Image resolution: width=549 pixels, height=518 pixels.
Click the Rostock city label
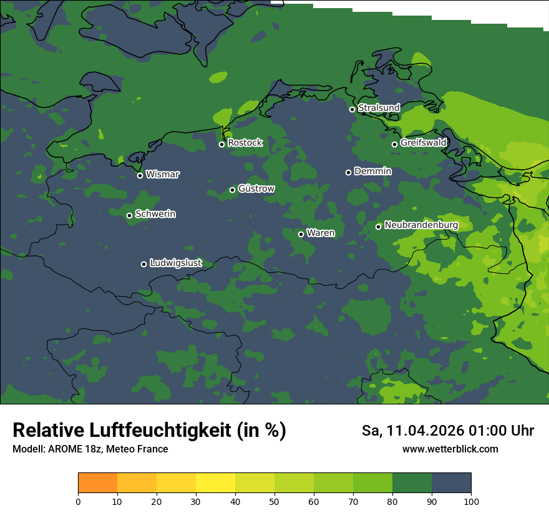[x=245, y=143]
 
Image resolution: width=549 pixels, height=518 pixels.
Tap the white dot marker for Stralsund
[x=352, y=109]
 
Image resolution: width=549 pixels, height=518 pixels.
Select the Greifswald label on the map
[x=423, y=143]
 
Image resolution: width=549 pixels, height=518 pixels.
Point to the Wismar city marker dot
[x=140, y=175]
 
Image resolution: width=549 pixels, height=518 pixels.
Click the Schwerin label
[x=155, y=214]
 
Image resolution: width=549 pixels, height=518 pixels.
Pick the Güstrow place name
[x=256, y=188]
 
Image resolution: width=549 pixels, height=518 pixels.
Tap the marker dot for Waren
[x=301, y=235]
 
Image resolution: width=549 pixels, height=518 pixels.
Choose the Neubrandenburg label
[x=421, y=225]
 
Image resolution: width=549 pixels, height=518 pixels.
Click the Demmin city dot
[x=348, y=172]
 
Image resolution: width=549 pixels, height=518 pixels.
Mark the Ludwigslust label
[x=175, y=263]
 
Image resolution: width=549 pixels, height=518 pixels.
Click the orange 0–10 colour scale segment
[x=97, y=483]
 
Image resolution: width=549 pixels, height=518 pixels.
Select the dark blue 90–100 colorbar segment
[x=451, y=483]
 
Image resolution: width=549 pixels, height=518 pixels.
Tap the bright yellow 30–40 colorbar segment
[x=215, y=483]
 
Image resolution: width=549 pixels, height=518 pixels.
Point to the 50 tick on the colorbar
[x=274, y=501]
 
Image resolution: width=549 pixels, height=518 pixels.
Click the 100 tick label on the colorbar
[x=471, y=501]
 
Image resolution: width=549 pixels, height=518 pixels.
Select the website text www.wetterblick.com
[x=450, y=449]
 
